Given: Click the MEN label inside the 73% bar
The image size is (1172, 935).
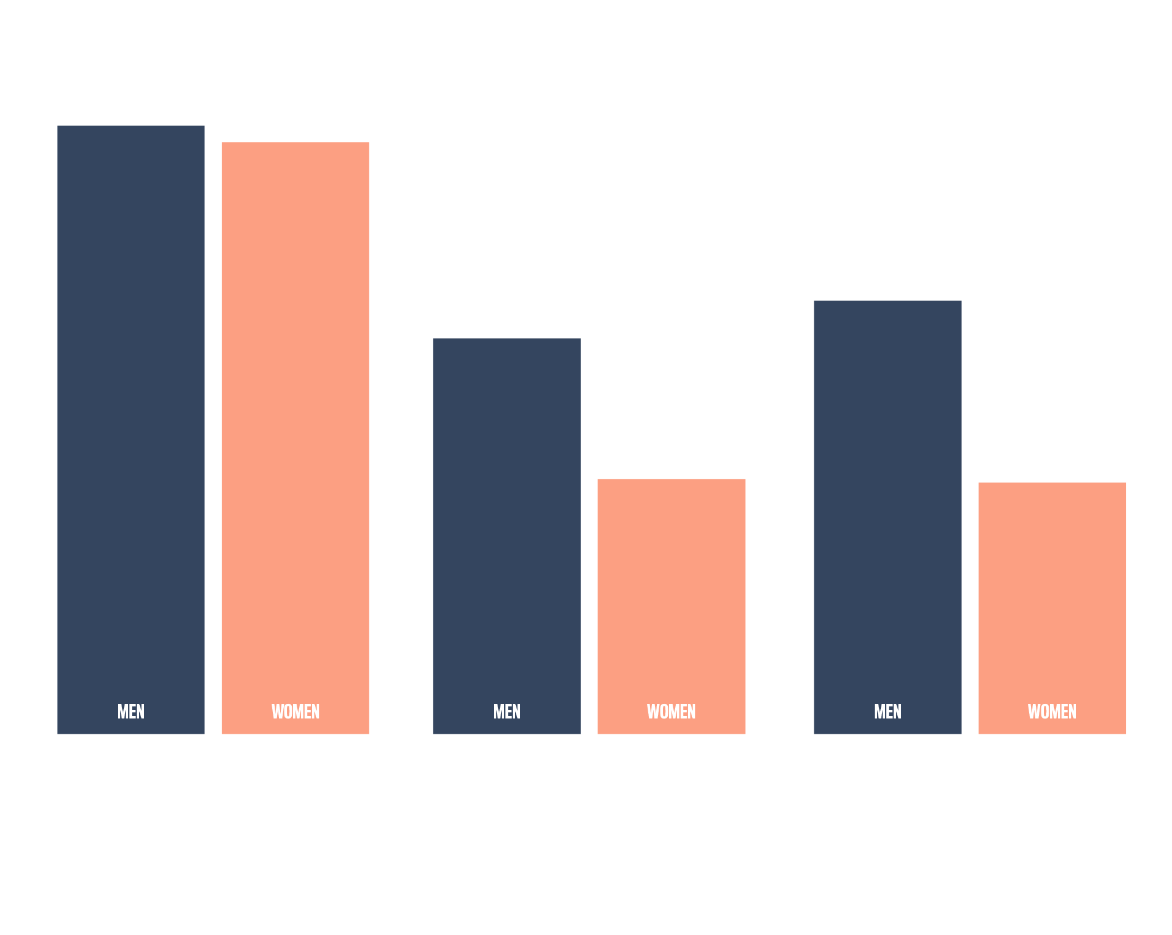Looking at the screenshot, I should coord(131,711).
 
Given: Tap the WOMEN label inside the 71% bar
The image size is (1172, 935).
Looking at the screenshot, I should coord(295,711).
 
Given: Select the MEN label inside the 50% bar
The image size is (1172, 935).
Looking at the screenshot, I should coord(888,711).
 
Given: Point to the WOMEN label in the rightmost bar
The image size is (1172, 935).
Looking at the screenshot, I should coord(1052,711).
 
